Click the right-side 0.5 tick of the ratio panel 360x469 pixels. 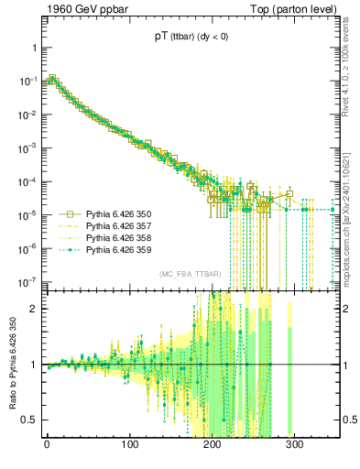tap(350, 420)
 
